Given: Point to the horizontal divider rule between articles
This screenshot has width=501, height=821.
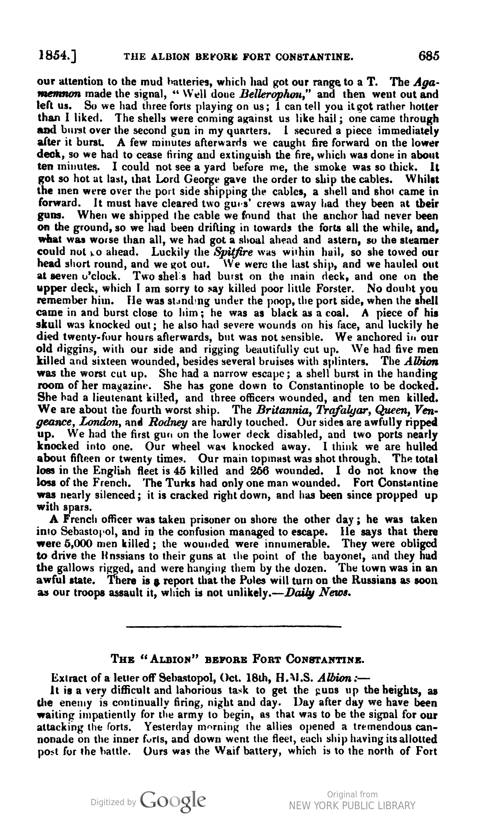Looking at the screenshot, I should point(234,626).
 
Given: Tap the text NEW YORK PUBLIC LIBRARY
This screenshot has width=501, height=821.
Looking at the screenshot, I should point(352,806).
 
